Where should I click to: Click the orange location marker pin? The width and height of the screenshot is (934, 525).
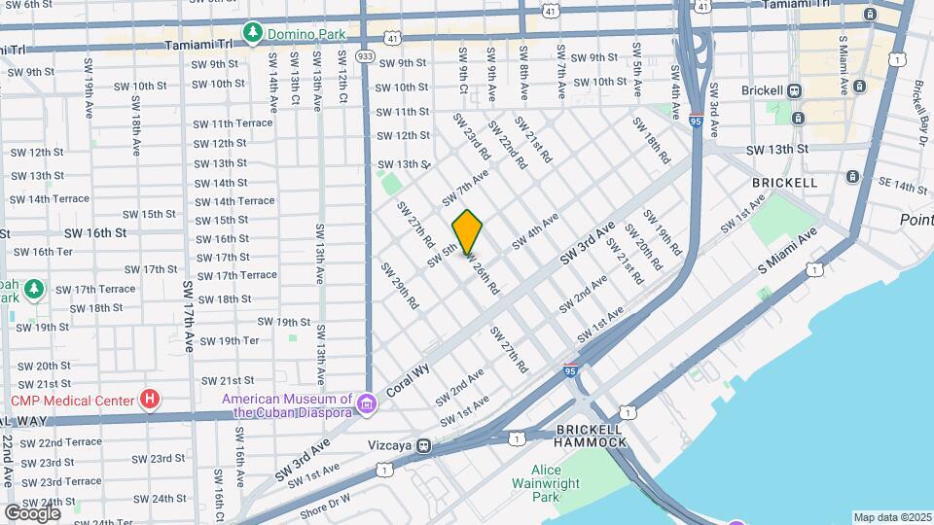click(468, 232)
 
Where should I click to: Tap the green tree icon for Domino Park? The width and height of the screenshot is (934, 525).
click(253, 34)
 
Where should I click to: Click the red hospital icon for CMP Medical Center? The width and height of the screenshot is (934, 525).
click(149, 399)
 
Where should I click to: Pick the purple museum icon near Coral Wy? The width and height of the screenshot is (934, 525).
click(366, 403)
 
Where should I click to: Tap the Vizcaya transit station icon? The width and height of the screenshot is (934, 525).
click(423, 446)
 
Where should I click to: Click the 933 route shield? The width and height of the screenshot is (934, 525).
click(366, 57)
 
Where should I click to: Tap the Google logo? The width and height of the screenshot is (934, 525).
click(32, 512)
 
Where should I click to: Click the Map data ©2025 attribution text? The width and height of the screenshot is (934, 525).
click(891, 517)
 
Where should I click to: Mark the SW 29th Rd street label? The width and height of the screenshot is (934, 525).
click(399, 286)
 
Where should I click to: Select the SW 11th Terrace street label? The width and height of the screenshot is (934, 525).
click(233, 123)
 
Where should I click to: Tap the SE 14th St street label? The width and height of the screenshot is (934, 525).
click(903, 187)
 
